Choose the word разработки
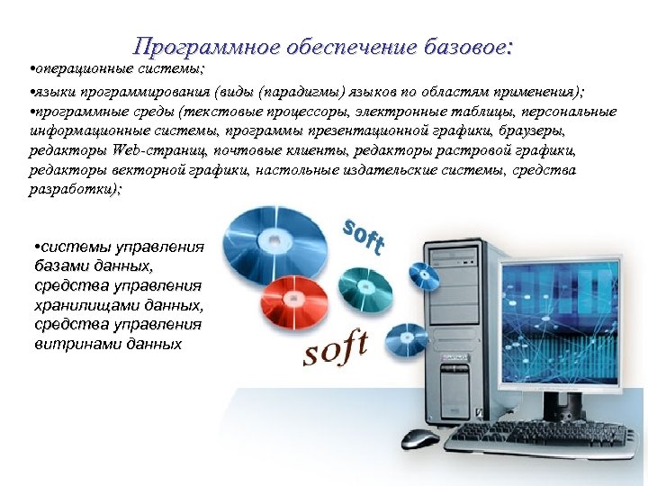click(x=73, y=190)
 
